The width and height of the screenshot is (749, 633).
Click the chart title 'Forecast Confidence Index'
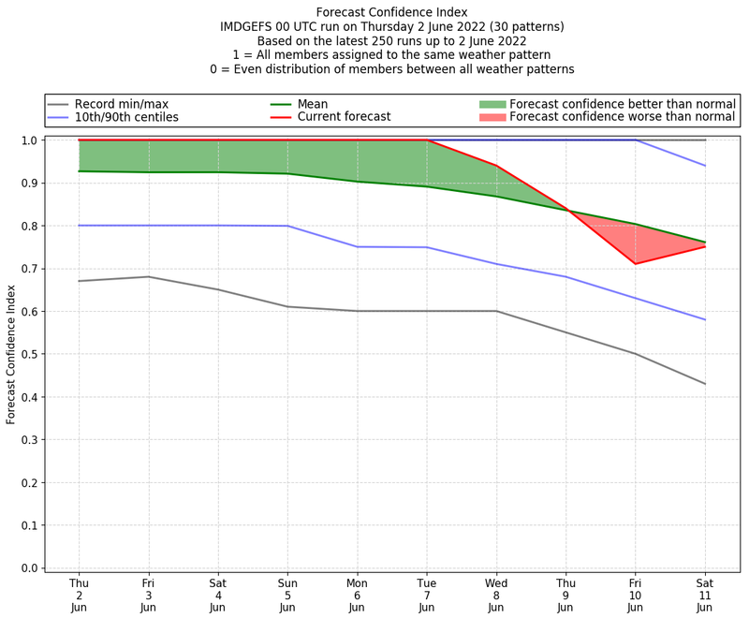coord(391,12)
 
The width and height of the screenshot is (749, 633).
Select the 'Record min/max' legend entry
coord(121,104)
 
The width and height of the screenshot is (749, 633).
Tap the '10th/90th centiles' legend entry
coord(125,117)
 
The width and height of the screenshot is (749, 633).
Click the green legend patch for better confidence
coord(492,104)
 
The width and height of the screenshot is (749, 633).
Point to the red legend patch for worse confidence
coord(492,117)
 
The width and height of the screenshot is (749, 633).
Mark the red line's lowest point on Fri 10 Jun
coord(636,264)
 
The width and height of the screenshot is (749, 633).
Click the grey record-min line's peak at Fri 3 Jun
coord(148,276)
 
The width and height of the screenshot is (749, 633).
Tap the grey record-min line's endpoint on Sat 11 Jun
coord(705,384)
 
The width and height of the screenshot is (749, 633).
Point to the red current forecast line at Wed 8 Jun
coord(496,166)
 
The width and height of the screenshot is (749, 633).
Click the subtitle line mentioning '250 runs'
coord(391,40)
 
